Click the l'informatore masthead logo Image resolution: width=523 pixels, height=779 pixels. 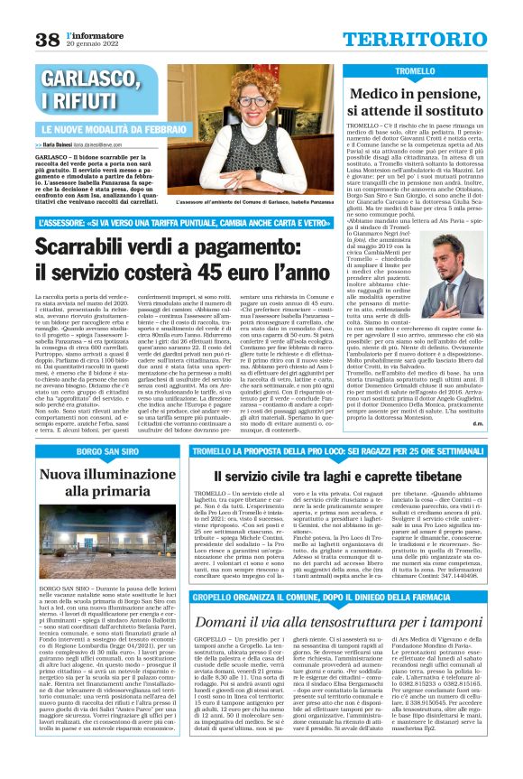tap(94, 34)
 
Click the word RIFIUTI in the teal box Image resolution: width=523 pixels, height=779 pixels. tap(73, 101)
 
